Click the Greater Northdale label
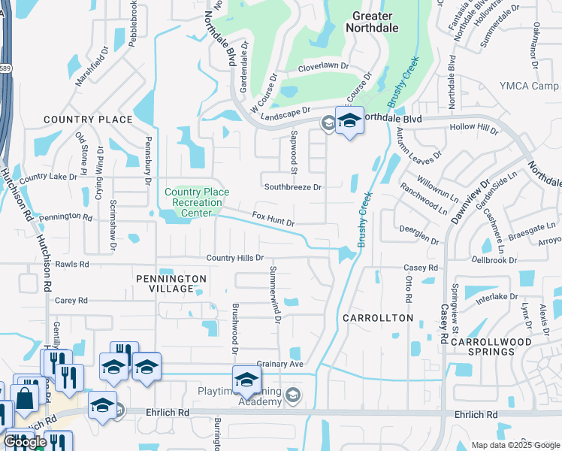click(x=370, y=20)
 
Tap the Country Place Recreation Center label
click(x=193, y=202)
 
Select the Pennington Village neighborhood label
click(x=171, y=283)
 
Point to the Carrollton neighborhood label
click(x=378, y=318)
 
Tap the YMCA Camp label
click(x=528, y=86)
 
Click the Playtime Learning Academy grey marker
click(x=294, y=395)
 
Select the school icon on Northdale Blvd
click(x=349, y=122)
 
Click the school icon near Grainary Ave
click(x=246, y=380)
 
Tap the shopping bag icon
click(x=26, y=398)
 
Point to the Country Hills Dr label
click(x=234, y=258)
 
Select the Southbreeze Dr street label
click(x=292, y=186)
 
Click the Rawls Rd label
click(x=72, y=265)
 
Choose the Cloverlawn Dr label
click(x=324, y=66)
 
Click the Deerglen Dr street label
click(x=419, y=235)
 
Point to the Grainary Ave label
click(x=279, y=365)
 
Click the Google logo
click(x=25, y=443)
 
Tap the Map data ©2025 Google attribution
click(x=515, y=445)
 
